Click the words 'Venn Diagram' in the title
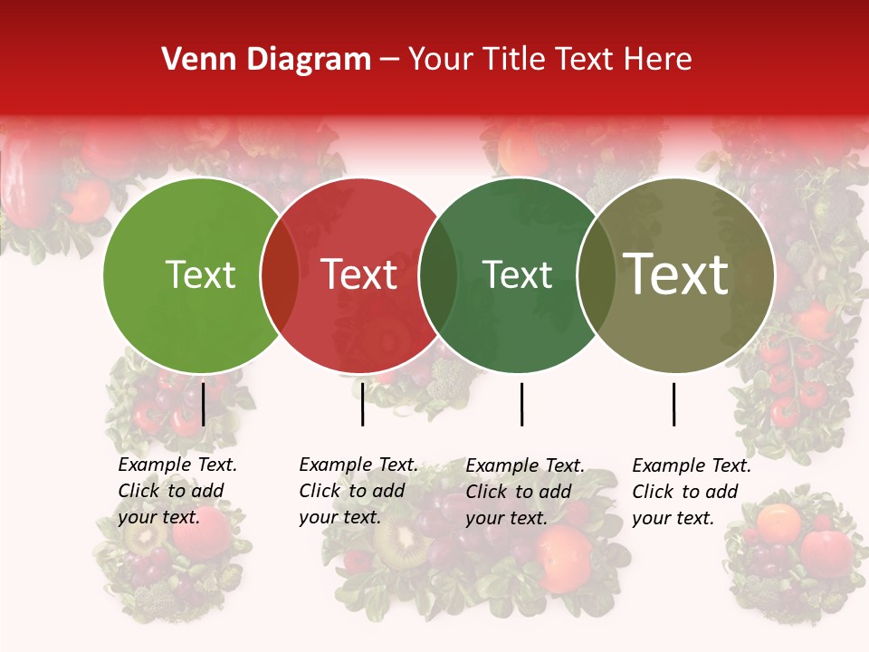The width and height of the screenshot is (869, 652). click(266, 60)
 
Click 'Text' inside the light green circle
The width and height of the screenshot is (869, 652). click(200, 275)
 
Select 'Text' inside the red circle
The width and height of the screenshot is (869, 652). click(359, 275)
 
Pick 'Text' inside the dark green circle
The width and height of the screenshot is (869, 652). click(517, 275)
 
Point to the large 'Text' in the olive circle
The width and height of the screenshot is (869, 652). click(676, 274)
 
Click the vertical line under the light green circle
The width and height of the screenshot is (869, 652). click(203, 404)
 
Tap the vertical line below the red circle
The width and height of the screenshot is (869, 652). click(362, 404)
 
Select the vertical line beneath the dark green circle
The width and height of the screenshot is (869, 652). click(521, 404)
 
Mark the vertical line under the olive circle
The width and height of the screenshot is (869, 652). click(673, 404)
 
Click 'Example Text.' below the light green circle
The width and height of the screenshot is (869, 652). click(177, 465)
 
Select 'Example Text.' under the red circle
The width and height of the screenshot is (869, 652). click(358, 465)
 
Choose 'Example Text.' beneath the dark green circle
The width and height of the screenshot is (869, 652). click(525, 465)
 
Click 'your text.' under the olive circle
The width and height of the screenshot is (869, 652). click(673, 518)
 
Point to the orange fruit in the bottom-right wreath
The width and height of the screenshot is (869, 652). click(778, 523)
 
